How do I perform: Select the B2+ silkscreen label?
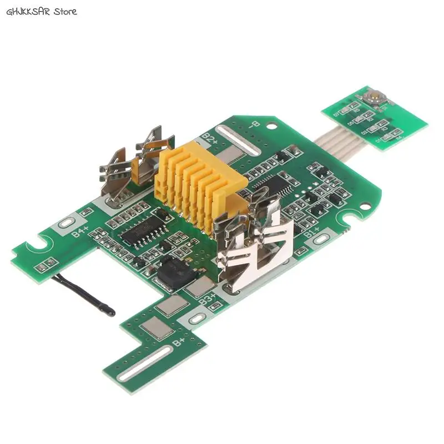coord(210,137)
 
